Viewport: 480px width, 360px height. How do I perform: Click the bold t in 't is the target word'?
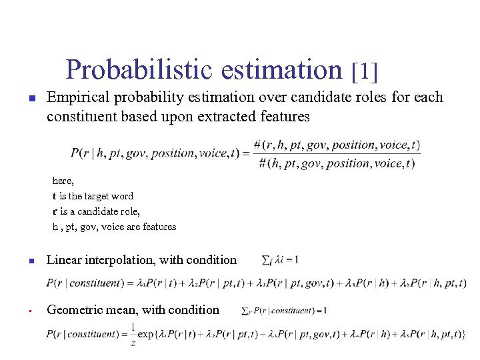[55, 196]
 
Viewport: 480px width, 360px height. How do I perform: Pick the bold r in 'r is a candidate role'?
[55, 211]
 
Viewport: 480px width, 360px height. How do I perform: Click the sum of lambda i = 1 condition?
[281, 259]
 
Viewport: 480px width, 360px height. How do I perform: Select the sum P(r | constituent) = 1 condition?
[284, 310]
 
